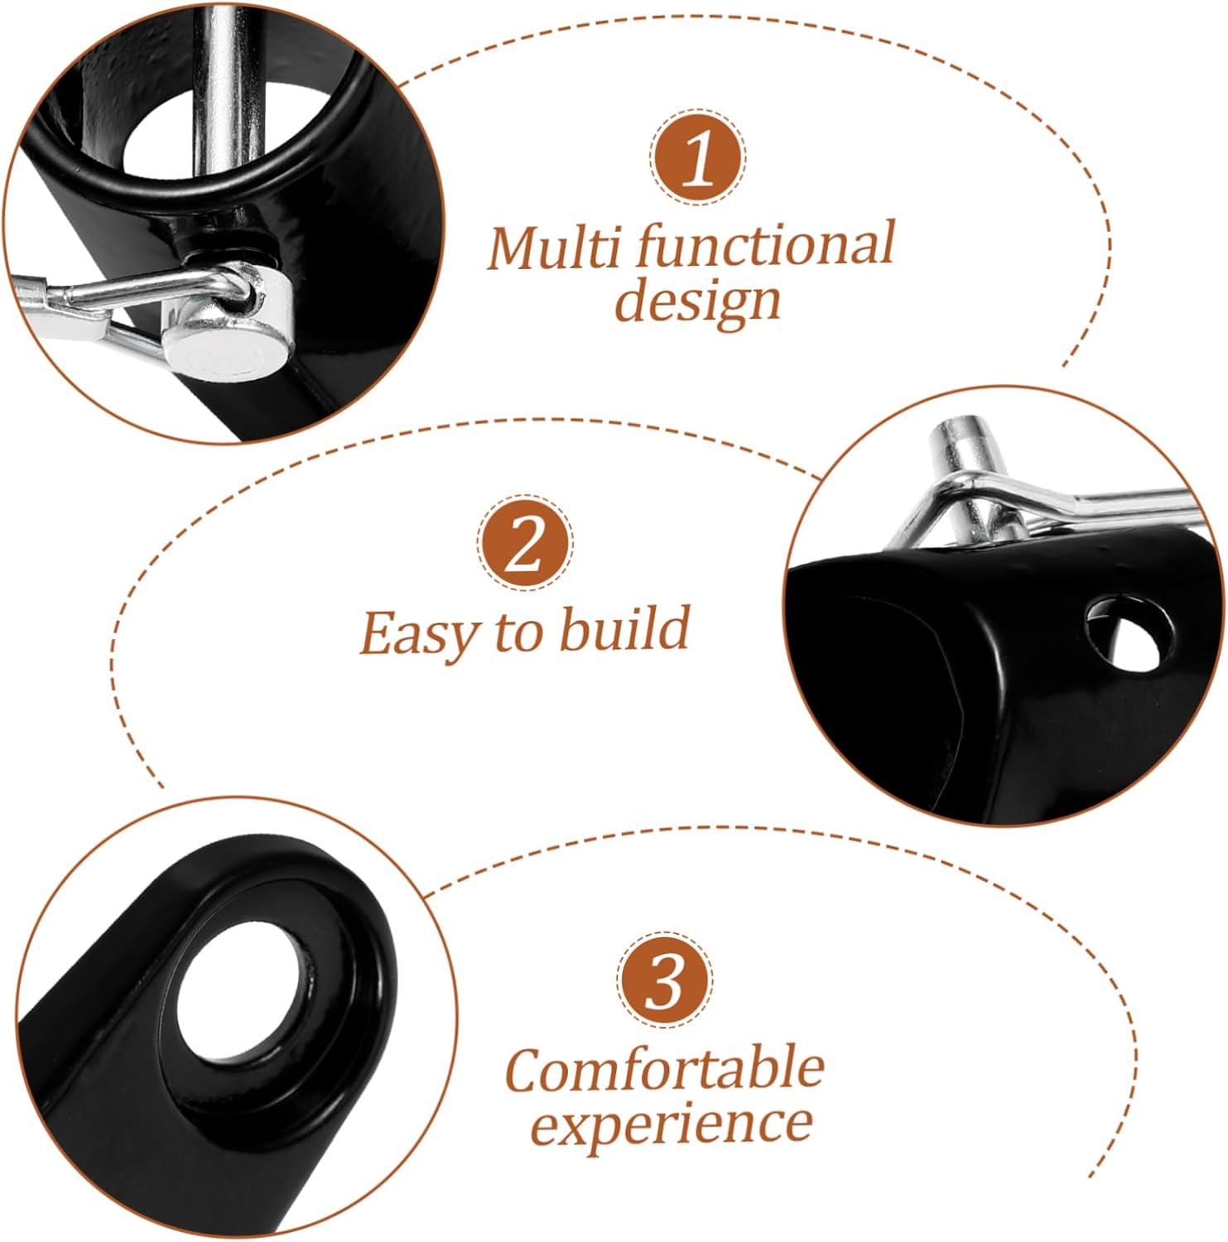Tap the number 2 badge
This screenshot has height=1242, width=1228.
(524, 544)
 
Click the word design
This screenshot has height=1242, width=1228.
(697, 302)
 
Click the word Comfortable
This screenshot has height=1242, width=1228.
(664, 1070)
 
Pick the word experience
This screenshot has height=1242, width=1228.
(671, 1124)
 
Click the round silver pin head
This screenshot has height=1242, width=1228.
(222, 346)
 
